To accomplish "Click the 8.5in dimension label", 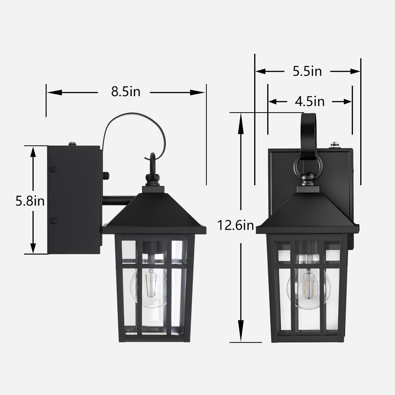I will click(125, 92).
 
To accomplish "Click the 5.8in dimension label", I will click(30, 201).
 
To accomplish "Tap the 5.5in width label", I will click(307, 71).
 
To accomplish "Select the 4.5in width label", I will click(310, 101).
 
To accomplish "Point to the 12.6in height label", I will click(236, 225).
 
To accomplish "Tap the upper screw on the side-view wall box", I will click(53, 169).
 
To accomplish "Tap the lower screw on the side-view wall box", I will click(53, 221).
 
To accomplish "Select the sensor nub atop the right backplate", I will click(334, 145).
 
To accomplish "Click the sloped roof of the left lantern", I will click(154, 212).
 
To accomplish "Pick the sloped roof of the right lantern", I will click(308, 212).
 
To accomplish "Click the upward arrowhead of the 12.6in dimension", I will click(241, 121).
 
